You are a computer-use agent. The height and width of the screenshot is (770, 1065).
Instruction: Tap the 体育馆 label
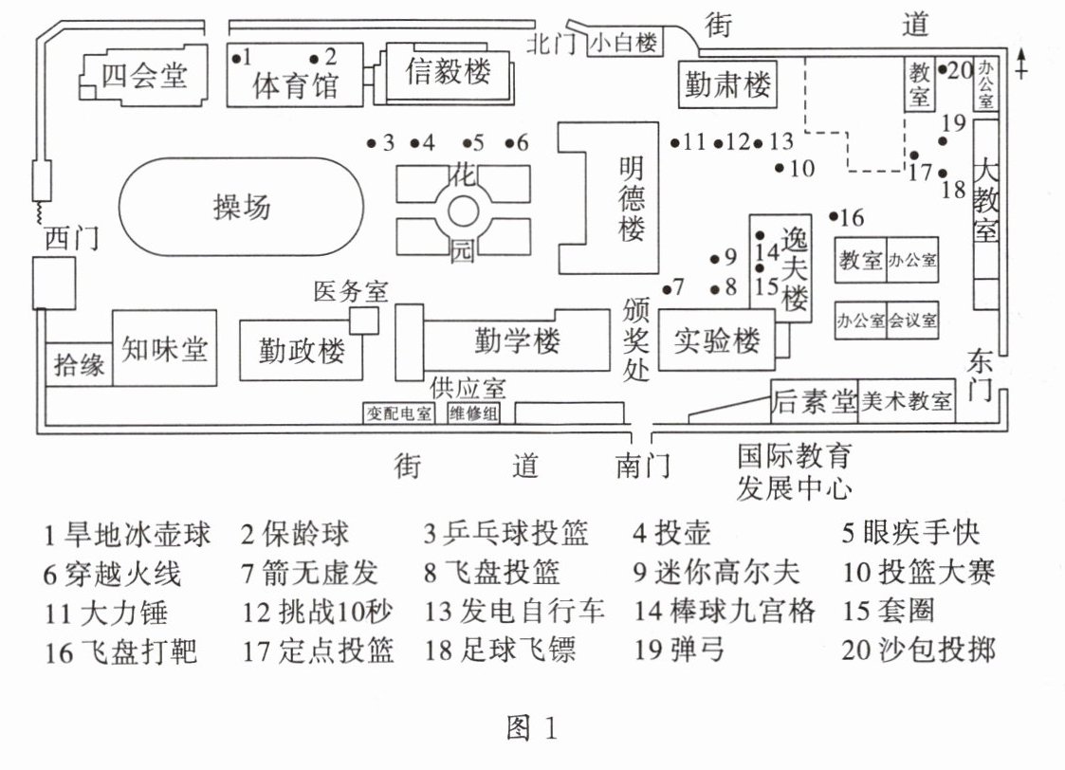pyautogui.click(x=295, y=86)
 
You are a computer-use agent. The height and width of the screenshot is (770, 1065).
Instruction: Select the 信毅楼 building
pyautogui.click(x=449, y=72)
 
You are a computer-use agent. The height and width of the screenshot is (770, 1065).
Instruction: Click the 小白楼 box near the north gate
pyautogui.click(x=624, y=43)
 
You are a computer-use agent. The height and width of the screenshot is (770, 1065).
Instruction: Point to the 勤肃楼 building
pyautogui.click(x=727, y=85)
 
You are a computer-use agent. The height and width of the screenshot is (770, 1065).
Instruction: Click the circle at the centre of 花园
pyautogui.click(x=462, y=211)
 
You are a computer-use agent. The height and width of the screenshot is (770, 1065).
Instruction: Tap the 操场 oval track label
pyautogui.click(x=242, y=207)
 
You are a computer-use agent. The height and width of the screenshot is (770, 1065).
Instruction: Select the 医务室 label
pyautogui.click(x=351, y=292)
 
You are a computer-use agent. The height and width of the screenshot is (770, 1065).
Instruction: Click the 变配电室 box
pyautogui.click(x=398, y=412)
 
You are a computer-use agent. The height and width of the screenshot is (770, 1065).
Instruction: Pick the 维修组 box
pyautogui.click(x=473, y=412)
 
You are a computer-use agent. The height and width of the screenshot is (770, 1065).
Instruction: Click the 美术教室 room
pyautogui.click(x=906, y=402)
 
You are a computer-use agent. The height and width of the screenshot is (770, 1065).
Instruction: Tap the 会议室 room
pyautogui.click(x=913, y=321)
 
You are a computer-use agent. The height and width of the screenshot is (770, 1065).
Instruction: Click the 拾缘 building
pyautogui.click(x=80, y=365)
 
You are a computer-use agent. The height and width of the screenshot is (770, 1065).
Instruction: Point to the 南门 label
pyautogui.click(x=642, y=467)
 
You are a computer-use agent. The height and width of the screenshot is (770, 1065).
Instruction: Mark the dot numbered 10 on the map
pyautogui.click(x=780, y=168)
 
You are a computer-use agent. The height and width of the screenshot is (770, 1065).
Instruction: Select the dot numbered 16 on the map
pyautogui.click(x=834, y=216)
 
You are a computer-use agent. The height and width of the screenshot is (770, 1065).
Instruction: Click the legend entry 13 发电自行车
pyautogui.click(x=514, y=611)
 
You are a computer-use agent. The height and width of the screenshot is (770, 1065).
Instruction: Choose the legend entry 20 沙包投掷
pyautogui.click(x=918, y=650)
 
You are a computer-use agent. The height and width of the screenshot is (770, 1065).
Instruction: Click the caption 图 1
pyautogui.click(x=532, y=728)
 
